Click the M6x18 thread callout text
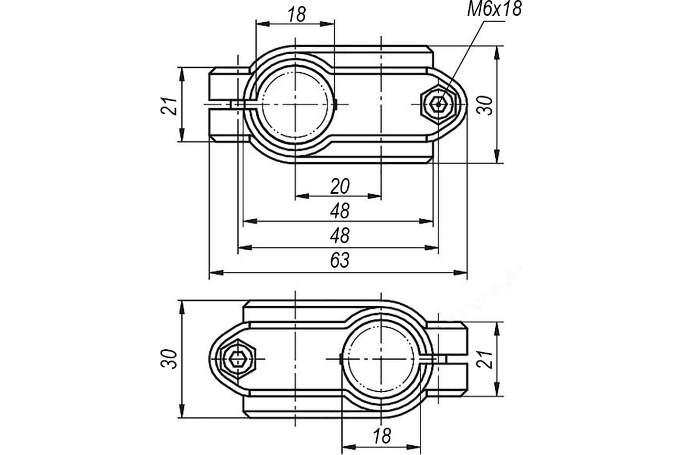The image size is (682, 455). [x=494, y=9]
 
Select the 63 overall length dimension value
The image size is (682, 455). [x=340, y=260]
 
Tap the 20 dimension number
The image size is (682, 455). [x=340, y=187]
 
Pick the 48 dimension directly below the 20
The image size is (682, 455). [x=340, y=211]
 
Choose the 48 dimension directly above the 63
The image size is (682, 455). [x=340, y=235]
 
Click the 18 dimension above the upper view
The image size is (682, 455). [x=297, y=15]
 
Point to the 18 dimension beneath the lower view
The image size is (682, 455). [x=382, y=436]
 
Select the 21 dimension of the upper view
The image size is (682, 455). [x=168, y=106]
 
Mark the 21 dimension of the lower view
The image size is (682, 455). [x=485, y=359]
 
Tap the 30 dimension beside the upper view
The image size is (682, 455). [x=485, y=105]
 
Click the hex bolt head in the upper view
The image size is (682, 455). [x=438, y=104]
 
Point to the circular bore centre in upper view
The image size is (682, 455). [x=296, y=105]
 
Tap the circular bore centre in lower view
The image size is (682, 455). [x=381, y=359]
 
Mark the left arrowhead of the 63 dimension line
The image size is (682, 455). [x=216, y=272]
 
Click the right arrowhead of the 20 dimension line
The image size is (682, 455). [x=375, y=196]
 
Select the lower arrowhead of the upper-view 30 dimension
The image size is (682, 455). [x=497, y=156]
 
